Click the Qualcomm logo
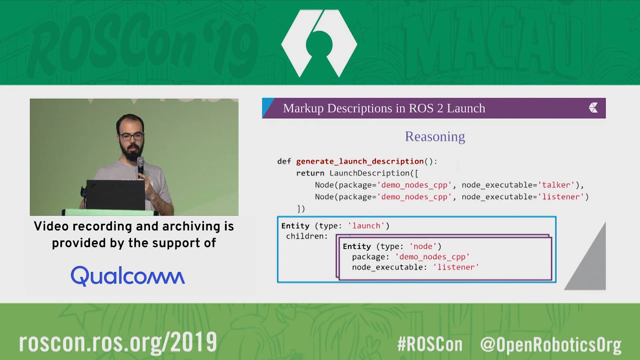pos(128,276)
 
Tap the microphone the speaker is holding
pos(141,166)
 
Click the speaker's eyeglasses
pos(131,136)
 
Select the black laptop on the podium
pos(115,195)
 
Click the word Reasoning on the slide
pos(435,137)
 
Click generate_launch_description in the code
pos(360,162)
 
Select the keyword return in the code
pos(310,173)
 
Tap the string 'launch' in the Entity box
pos(366,226)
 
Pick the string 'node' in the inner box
pos(423,246)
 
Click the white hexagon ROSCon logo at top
pos(319,43)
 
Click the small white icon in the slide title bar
pos(593,108)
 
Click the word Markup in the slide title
pos(303,109)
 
